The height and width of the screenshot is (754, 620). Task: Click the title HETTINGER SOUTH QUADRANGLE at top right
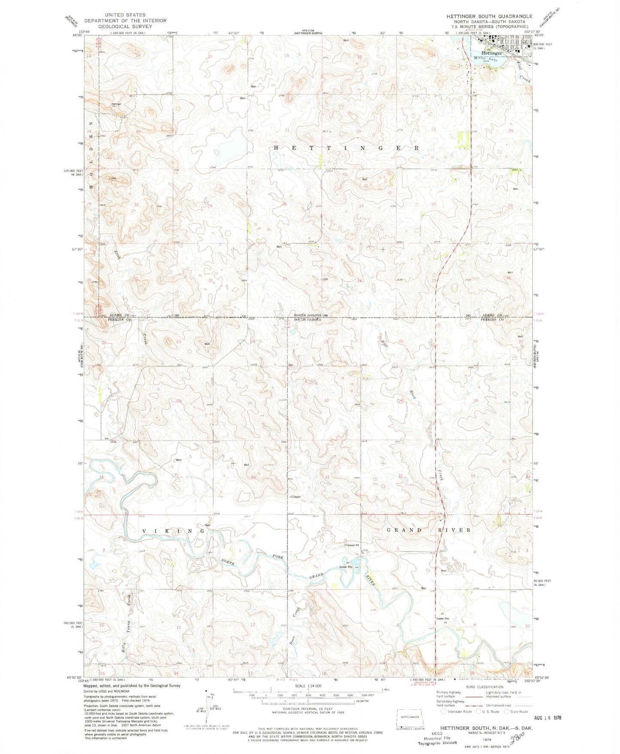point(489,16)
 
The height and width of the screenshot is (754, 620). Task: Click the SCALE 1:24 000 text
point(308,686)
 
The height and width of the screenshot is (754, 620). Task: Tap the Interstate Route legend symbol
point(444,712)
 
